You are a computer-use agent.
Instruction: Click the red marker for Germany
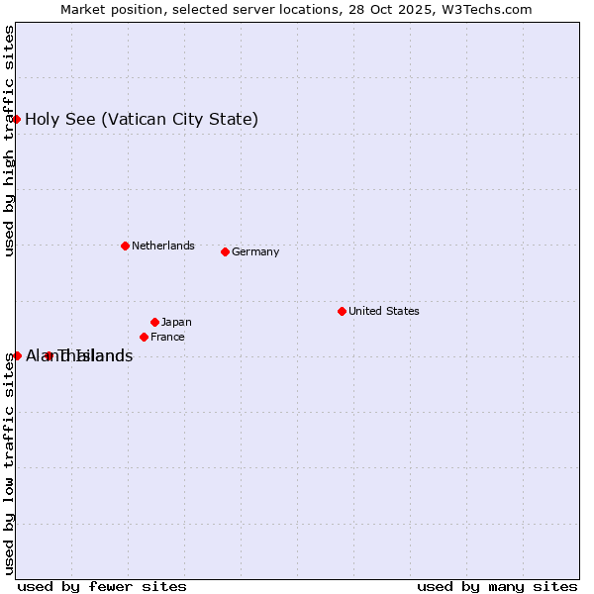pyautogui.click(x=225, y=251)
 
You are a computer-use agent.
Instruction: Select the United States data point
pyautogui.click(x=342, y=311)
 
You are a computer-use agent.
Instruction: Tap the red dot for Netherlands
pyautogui.click(x=125, y=246)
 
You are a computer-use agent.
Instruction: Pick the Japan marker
pyautogui.click(x=154, y=322)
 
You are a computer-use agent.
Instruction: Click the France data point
pyautogui.click(x=144, y=337)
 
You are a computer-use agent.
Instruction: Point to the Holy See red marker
pyautogui.click(x=16, y=119)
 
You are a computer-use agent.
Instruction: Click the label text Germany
pyautogui.click(x=255, y=251)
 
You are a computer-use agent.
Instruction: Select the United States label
pyautogui.click(x=383, y=311)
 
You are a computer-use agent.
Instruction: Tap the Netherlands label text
pyautogui.click(x=162, y=246)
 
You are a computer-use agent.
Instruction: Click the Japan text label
pyautogui.click(x=176, y=322)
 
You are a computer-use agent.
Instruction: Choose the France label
pyautogui.click(x=167, y=337)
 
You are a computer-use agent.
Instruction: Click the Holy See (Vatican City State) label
pyautogui.click(x=142, y=120)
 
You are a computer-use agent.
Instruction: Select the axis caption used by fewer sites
pyautogui.click(x=102, y=586)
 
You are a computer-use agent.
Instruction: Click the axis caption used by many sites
pyautogui.click(x=497, y=586)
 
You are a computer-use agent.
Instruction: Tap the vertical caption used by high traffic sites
pyautogui.click(x=10, y=141)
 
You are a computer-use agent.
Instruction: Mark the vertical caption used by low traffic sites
pyautogui.click(x=10, y=463)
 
